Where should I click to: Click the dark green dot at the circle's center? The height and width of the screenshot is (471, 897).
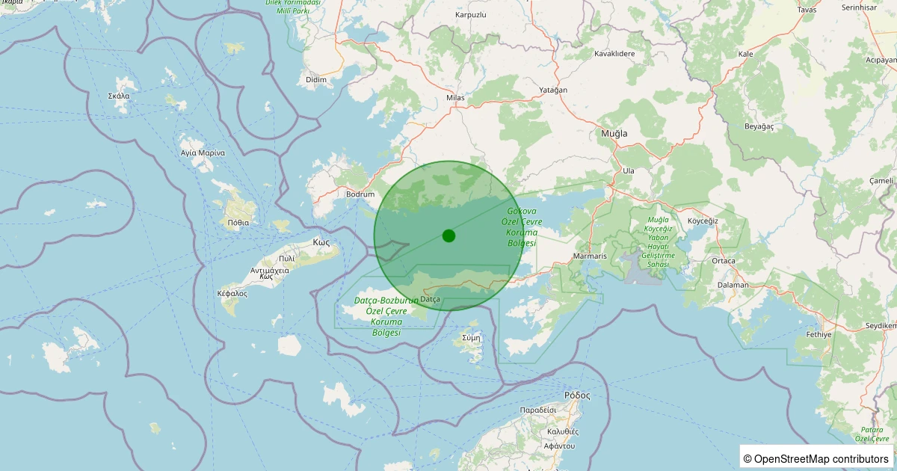tap(449, 235)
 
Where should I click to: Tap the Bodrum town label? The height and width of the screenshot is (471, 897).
tap(360, 194)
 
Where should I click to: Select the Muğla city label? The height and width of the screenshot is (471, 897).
tap(614, 133)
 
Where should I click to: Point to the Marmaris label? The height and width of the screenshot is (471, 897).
tap(589, 256)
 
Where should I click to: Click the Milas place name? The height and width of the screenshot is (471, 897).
tap(454, 98)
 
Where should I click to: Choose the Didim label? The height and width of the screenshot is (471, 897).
tap(317, 79)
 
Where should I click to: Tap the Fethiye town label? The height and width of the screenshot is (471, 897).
tap(819, 334)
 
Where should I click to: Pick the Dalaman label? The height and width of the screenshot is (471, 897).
tap(733, 285)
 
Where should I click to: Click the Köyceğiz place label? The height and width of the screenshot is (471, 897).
tap(703, 221)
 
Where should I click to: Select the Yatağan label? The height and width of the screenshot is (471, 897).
tap(553, 90)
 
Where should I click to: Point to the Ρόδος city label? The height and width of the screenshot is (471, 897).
tap(577, 395)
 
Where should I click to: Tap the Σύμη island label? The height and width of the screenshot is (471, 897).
tap(471, 337)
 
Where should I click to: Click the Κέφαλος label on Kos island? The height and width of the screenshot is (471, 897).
tap(232, 294)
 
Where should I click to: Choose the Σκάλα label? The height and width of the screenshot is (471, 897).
tap(119, 96)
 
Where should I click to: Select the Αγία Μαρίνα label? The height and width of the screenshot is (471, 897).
tap(203, 153)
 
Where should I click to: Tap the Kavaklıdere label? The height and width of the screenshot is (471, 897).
tap(614, 54)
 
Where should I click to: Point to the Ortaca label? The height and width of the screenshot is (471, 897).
tap(724, 261)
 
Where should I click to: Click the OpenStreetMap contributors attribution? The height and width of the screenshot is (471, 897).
tap(817, 458)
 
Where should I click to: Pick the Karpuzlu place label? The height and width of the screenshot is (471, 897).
tap(471, 15)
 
